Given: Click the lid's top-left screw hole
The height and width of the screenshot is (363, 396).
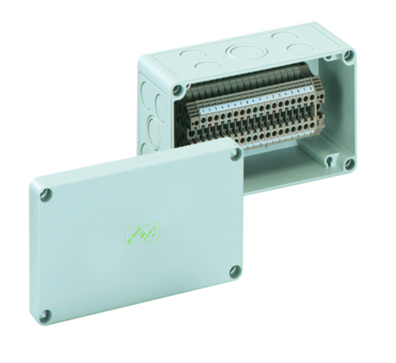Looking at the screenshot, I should coord(45,195).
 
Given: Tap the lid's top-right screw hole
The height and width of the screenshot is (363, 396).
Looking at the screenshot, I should coord(236,154).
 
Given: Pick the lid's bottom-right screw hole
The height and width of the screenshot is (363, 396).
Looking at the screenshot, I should coord(234,271).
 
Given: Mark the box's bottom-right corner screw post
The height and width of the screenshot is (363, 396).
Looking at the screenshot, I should coord(348,162).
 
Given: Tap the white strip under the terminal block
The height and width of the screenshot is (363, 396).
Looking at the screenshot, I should coord(277,139).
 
